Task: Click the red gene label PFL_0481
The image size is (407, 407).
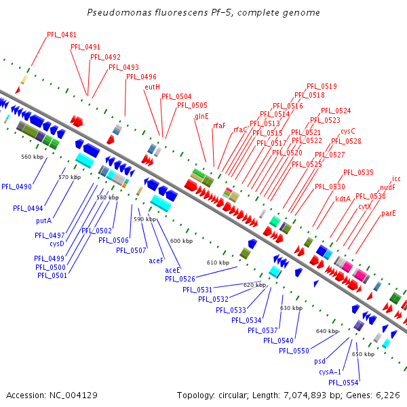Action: pyautogui.click(x=62, y=35)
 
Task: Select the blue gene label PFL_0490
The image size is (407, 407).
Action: pyautogui.click(x=17, y=187)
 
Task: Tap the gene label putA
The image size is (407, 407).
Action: pyautogui.click(x=44, y=220)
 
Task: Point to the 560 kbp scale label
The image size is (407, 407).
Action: pyautogui.click(x=33, y=157)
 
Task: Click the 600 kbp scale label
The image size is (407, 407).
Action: pyautogui.click(x=181, y=241)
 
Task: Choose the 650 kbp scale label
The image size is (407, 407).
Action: pyautogui.click(x=363, y=354)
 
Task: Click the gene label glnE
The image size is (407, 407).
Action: pyautogui.click(x=201, y=116)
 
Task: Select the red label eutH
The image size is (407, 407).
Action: pyautogui.click(x=152, y=87)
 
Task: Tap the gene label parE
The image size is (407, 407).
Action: pyautogui.click(x=388, y=214)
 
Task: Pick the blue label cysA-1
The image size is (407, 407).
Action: pyautogui.click(x=330, y=372)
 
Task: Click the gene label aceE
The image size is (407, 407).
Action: pyautogui.click(x=172, y=270)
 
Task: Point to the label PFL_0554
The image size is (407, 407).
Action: pyautogui.click(x=344, y=383)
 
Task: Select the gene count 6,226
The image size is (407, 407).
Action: pyautogui.click(x=389, y=395)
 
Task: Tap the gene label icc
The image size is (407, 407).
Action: pyautogui.click(x=396, y=179)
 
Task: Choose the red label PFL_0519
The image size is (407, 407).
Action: pyautogui.click(x=322, y=86)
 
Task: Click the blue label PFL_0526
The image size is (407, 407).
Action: pyautogui.click(x=180, y=279)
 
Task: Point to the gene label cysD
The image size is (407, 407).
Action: pyautogui.click(x=57, y=244)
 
